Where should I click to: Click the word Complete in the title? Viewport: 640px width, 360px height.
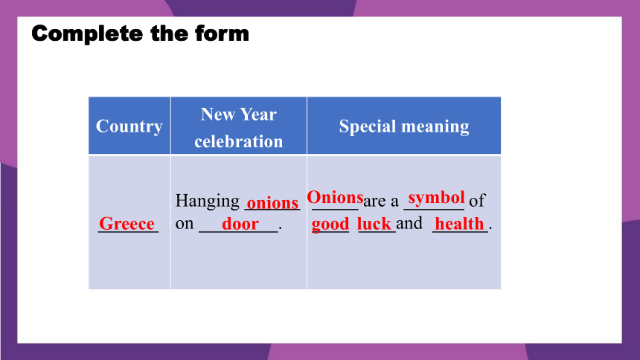tap(87, 34)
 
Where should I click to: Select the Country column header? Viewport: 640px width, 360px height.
tap(129, 126)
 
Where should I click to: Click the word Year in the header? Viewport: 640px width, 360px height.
tap(258, 115)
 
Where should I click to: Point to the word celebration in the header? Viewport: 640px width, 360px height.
tap(239, 141)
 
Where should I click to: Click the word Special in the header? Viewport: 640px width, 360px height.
tap(365, 126)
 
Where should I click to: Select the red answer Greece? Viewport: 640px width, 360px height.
tap(127, 224)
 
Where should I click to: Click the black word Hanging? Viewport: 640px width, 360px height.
tap(208, 202)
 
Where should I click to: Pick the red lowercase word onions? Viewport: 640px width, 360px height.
tap(272, 203)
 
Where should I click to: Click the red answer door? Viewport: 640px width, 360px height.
tap(240, 224)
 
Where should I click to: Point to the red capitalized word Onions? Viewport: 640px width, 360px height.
tap(335, 198)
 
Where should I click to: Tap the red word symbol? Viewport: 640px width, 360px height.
tap(436, 198)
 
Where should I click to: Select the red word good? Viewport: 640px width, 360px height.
tap(330, 224)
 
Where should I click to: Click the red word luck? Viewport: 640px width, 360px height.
tap(374, 224)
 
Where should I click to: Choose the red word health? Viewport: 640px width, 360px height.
tap(459, 224)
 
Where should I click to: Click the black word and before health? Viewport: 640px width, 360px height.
tap(409, 223)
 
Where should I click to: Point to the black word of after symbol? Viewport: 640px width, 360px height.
tap(477, 200)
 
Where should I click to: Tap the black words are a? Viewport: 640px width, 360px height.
tap(381, 201)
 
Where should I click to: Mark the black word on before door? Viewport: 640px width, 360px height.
tap(185, 224)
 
